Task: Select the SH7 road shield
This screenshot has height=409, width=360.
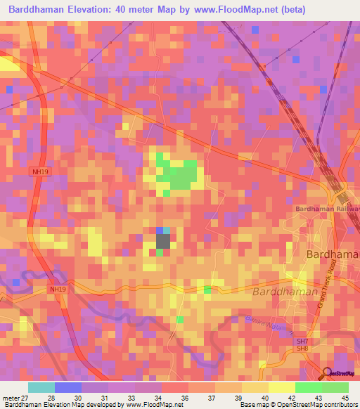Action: (302, 341)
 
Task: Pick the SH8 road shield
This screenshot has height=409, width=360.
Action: (302, 349)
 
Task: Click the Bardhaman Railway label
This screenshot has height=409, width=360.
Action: (327, 209)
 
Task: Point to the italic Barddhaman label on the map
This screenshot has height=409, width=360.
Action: (285, 291)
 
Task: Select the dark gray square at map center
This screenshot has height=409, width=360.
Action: (162, 241)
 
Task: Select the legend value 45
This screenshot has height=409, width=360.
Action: (345, 398)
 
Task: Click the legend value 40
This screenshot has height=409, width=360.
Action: (265, 398)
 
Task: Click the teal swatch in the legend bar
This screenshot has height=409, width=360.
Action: (41, 387)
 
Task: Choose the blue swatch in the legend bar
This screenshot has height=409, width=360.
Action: (68, 387)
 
